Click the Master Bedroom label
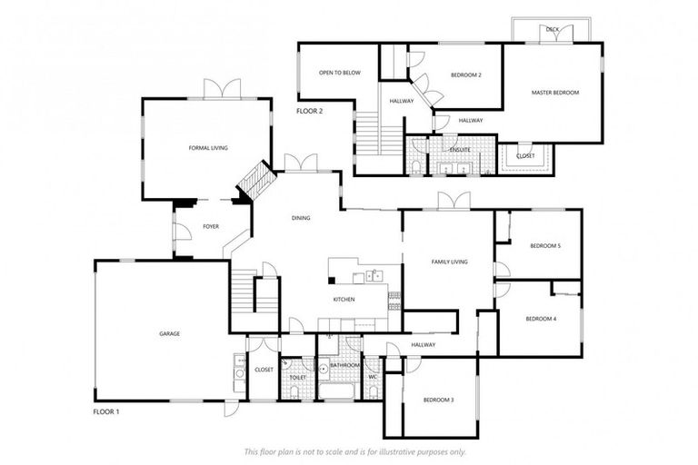[x=554, y=93]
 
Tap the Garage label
[x=170, y=333]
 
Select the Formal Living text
[x=208, y=147]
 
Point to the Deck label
[x=553, y=29]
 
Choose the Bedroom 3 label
[x=438, y=400]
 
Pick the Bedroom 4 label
[x=541, y=319]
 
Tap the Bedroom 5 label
[x=545, y=246]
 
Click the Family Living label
[x=448, y=262]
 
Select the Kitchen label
[x=344, y=299]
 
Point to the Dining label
[x=301, y=218]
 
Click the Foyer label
[x=211, y=226]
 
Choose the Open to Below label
[x=340, y=73]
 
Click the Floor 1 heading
[x=106, y=411]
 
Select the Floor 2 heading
[x=310, y=111]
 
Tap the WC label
[x=373, y=377]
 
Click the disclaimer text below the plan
[x=355, y=451]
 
